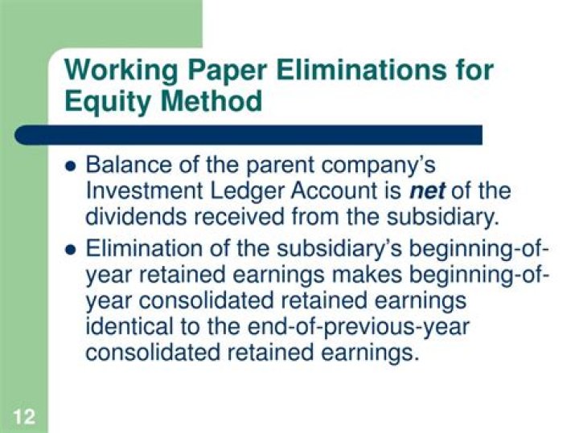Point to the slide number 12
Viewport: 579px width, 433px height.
pyautogui.click(x=23, y=416)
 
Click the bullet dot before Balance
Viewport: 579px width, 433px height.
pyautogui.click(x=69, y=167)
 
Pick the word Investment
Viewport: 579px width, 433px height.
pyautogui.click(x=140, y=192)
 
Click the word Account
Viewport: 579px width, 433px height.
pyautogui.click(x=335, y=192)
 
